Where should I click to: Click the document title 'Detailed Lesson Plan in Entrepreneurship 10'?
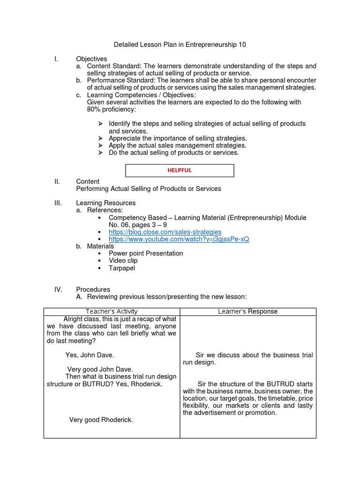[180, 45]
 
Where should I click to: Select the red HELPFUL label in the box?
[180, 170]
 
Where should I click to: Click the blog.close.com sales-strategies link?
[165, 232]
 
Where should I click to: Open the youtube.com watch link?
[179, 239]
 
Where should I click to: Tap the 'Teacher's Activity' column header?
[112, 312]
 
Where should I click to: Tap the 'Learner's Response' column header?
[248, 312]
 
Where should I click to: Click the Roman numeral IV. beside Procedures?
[59, 290]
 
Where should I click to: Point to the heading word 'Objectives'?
[91, 59]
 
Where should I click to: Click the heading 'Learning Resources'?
[105, 203]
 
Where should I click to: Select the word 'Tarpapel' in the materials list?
[122, 268]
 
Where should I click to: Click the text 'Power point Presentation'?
[146, 254]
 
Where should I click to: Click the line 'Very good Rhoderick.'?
[101, 420]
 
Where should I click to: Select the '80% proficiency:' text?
[111, 109]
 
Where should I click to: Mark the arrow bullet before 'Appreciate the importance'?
[101, 139]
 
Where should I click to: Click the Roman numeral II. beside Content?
[58, 181]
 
